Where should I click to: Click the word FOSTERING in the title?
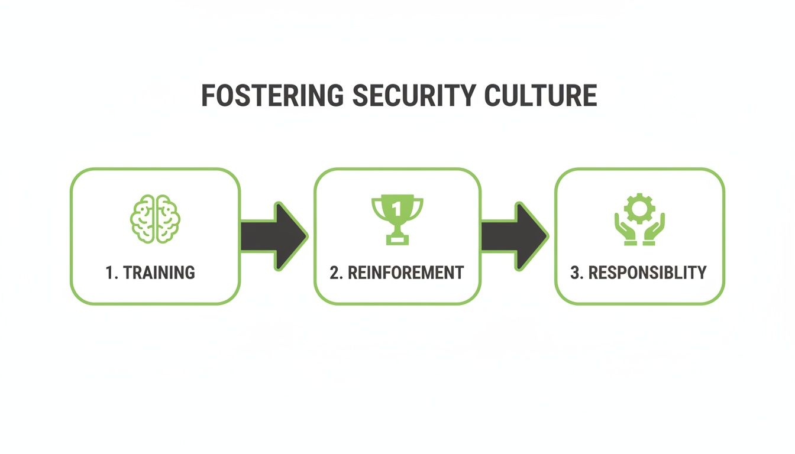[272, 96]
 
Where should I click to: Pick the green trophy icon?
[397, 219]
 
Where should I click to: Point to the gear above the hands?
[639, 208]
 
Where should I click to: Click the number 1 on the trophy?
[397, 208]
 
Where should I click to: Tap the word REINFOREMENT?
[406, 273]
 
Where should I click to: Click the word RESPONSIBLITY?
[647, 273]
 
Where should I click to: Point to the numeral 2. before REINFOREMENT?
[336, 273]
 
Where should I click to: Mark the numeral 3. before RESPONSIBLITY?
[577, 273]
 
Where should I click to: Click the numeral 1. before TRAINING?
[112, 273]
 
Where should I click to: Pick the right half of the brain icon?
[166, 218]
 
